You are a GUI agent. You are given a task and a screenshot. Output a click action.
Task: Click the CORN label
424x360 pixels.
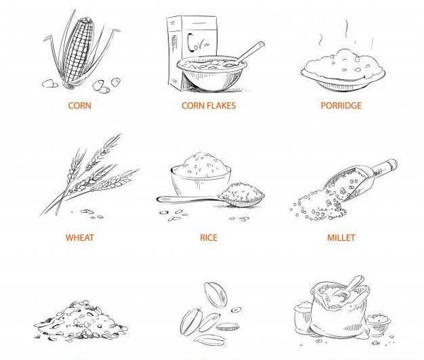click(x=79, y=105)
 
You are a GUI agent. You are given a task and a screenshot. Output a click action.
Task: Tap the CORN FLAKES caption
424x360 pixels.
click(x=208, y=105)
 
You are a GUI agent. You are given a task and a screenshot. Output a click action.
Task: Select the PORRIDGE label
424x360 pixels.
click(x=341, y=105)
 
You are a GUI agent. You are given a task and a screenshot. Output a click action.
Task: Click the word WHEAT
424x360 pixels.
click(x=79, y=238)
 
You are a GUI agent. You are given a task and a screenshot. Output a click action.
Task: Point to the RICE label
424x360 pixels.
click(x=208, y=238)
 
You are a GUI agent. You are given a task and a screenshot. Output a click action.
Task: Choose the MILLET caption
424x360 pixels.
click(x=341, y=238)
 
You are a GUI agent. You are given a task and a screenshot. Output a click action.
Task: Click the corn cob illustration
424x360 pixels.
click(x=79, y=50)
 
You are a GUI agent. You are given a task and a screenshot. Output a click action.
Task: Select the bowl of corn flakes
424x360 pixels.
click(x=212, y=74)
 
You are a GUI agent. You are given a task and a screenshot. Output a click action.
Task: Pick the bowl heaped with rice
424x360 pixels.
click(x=201, y=174)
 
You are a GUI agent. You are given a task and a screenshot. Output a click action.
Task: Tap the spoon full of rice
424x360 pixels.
click(x=211, y=196)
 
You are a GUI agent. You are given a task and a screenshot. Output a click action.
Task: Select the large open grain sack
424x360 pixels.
click(x=339, y=310)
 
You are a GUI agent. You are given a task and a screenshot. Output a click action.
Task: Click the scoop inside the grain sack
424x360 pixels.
click(x=349, y=289)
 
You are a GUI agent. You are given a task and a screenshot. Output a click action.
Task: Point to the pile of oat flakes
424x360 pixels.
click(x=81, y=321)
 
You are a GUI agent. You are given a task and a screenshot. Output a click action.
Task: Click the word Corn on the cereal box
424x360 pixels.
click(x=198, y=44)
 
